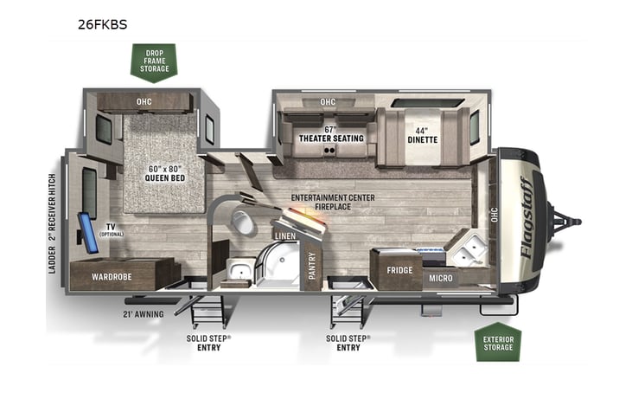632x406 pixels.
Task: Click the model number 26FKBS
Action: [x=102, y=24]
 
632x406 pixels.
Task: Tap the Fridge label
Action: [x=399, y=270]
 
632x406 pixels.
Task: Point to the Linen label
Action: [x=285, y=235]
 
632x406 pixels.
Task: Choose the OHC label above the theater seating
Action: [x=328, y=101]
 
